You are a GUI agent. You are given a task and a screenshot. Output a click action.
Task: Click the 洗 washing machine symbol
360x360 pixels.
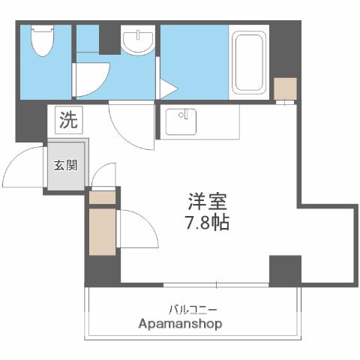pos(67,119)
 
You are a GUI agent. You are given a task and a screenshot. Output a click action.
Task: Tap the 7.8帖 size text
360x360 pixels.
pos(207,223)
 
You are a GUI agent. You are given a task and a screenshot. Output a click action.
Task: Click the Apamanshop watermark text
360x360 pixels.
pos(180,324)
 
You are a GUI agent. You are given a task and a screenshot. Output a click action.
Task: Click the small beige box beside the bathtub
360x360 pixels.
pos(285,89)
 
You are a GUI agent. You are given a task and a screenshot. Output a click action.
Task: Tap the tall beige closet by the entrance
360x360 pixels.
pos(101,232)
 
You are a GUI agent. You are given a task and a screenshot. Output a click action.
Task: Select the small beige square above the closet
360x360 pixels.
pos(102,197)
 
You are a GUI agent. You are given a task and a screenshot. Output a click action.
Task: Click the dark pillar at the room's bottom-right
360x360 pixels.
pos(284,269)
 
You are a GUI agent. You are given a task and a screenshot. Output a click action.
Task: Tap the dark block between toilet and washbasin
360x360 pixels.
pos(109,37)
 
